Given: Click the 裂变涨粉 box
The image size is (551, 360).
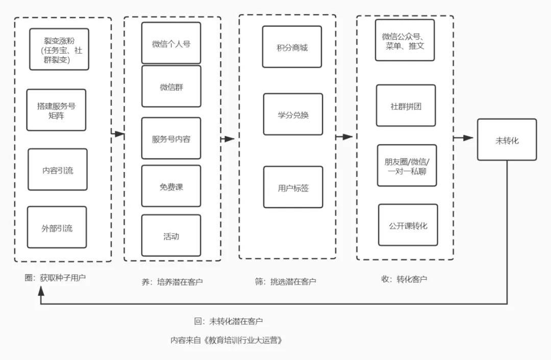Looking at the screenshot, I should point(59,49).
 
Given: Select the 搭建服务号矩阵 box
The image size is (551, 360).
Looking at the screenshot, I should point(56,110).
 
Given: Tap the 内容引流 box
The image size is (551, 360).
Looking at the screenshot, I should point(58,170).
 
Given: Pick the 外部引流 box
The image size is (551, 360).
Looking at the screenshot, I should point(57,227).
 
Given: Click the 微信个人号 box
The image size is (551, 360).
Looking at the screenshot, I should point(171,43).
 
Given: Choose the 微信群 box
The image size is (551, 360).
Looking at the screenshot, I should point(171,86).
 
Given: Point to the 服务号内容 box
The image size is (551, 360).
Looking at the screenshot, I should point(171,138).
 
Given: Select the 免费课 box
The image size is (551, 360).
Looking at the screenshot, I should point(171,186).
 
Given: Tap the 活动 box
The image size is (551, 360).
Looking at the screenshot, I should point(171,235).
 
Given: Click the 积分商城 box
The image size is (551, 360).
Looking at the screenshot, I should point(292,47).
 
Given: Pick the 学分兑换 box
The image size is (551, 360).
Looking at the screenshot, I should point(293,114).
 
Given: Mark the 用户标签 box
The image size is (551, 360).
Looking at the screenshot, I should point(293,187).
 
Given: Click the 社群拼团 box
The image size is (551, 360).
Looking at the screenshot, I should point(406,106).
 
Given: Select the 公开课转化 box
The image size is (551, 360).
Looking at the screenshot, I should point(408,225).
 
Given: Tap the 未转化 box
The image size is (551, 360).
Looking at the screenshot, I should point(507,139).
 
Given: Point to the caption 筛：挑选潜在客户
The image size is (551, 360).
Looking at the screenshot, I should point(285,281).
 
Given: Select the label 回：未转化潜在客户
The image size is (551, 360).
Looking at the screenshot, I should point(228,321).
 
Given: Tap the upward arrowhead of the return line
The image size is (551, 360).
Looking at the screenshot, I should point(41,291).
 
